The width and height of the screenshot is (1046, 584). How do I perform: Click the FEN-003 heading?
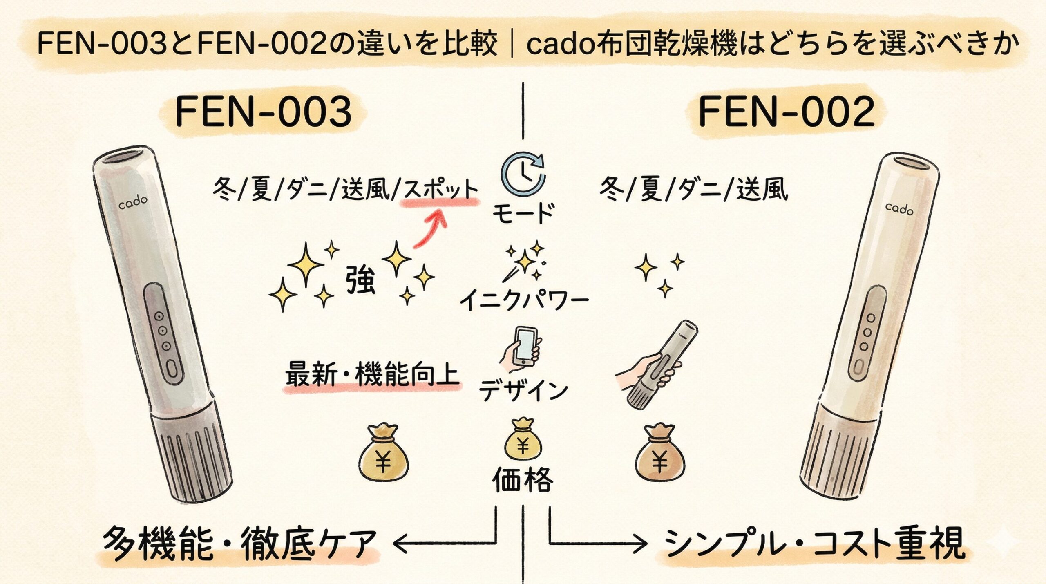tap(264, 112)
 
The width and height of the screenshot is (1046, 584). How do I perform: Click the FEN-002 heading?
tap(787, 112)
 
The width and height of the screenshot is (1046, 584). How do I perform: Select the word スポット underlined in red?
tap(440, 190)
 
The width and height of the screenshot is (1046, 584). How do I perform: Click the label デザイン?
tap(523, 390)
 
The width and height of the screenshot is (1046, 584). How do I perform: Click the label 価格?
tap(523, 480)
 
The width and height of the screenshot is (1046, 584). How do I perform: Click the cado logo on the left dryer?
tap(133, 202)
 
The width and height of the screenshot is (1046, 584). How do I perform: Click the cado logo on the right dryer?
tap(899, 209)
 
